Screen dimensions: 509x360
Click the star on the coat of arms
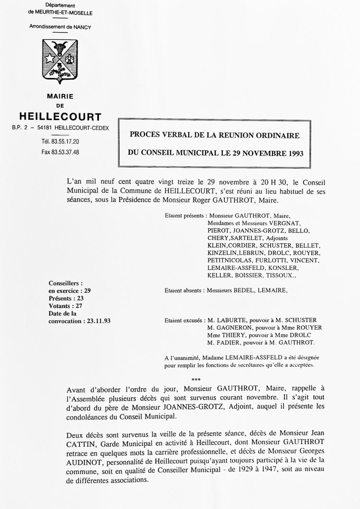(51, 58)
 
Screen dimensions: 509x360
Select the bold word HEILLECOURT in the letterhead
(60, 117)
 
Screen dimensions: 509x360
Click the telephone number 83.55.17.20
(65, 142)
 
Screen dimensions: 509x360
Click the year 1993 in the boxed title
(292, 153)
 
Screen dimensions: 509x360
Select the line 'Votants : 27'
(66, 306)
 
